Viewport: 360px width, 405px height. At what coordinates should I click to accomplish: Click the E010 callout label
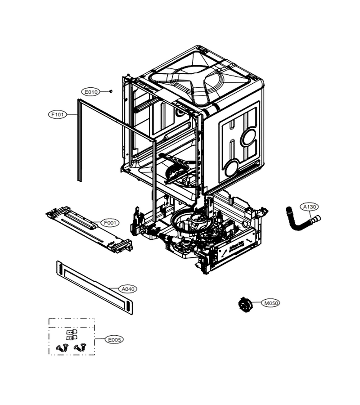[91, 92]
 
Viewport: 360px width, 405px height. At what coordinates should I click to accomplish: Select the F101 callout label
[58, 114]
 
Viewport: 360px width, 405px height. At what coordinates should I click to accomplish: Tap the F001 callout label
[110, 223]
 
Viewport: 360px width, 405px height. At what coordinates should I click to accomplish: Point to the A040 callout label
[128, 289]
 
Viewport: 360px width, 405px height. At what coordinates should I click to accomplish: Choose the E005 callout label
[114, 340]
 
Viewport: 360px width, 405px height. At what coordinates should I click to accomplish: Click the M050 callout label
[270, 303]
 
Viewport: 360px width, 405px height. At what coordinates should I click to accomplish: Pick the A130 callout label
[310, 207]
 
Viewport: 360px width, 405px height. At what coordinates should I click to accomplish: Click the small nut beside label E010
[111, 91]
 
